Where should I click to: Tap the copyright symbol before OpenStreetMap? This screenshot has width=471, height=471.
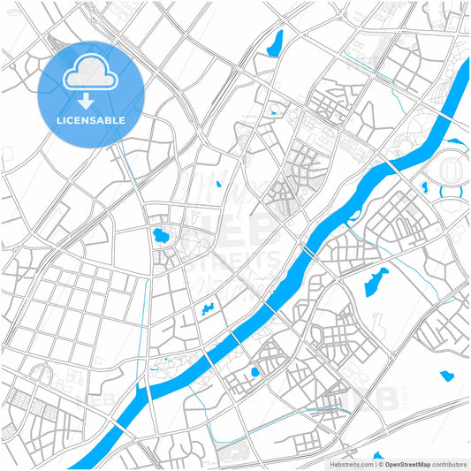coord(381,463)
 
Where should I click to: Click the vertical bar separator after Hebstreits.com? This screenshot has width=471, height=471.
coord(374,463)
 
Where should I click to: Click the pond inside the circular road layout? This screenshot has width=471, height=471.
coord(161,236)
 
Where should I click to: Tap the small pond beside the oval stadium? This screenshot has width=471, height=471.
coord(425,187)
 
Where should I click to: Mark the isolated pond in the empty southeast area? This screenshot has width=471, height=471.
coord(446,376)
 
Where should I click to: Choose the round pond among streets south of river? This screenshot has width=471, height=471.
coord(254,372)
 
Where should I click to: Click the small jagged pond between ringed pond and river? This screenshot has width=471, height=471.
coord(209,309)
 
